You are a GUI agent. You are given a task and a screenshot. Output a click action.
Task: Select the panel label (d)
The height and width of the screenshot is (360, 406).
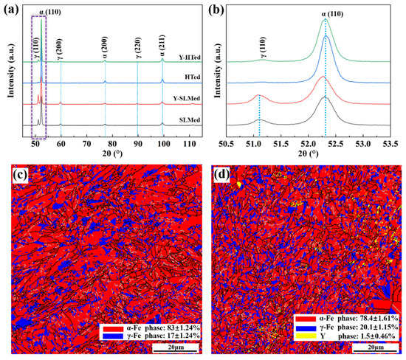(x=221, y=179)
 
